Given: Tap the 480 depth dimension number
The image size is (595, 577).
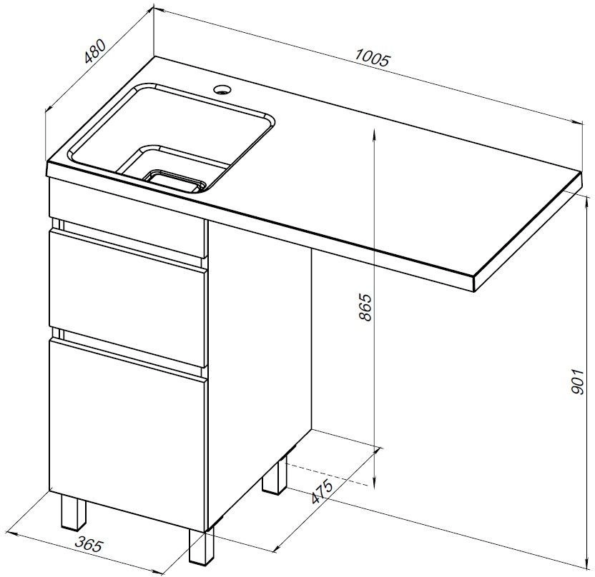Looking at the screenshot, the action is tap(94, 51).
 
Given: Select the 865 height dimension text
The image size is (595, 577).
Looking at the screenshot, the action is tap(365, 307).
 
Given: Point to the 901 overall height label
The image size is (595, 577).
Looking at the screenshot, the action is tap(577, 381).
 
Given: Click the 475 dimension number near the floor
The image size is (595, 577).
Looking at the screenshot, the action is tap(322, 491).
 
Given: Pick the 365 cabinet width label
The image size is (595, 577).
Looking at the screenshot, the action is tap(89, 544).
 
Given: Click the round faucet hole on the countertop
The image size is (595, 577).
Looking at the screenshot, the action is tap(222, 90).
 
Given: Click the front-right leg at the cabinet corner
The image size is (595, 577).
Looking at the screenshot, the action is tap(202, 546).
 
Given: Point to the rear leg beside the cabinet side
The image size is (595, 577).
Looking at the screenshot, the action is tap(275, 476).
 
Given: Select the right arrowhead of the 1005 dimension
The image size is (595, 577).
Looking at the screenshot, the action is tap(577, 121).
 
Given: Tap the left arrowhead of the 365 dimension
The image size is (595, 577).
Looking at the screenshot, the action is tap(14, 533).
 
